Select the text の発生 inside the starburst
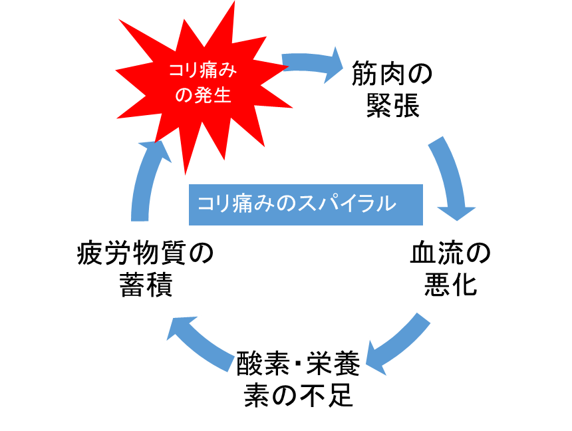[x=202, y=96]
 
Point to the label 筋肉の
[x=392, y=74]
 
